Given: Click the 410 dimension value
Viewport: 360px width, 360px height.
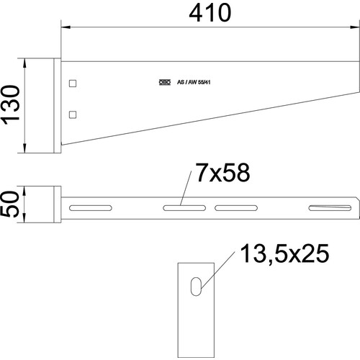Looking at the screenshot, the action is (x=210, y=13).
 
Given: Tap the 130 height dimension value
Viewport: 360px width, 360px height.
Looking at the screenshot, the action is (x=11, y=105).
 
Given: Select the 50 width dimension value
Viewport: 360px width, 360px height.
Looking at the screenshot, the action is (x=10, y=204).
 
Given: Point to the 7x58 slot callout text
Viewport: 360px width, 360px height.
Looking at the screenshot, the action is (x=222, y=172).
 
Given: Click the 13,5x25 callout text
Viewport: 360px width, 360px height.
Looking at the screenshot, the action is (x=284, y=253).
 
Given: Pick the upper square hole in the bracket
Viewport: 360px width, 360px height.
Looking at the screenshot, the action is (x=73, y=84).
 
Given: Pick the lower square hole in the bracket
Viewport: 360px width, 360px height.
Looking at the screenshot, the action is (x=73, y=114).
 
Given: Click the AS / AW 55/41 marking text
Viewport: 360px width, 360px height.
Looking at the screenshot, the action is (x=194, y=82).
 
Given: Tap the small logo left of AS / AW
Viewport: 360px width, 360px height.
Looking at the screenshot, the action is (x=165, y=82).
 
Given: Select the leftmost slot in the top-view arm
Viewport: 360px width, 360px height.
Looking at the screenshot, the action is (x=91, y=208).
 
